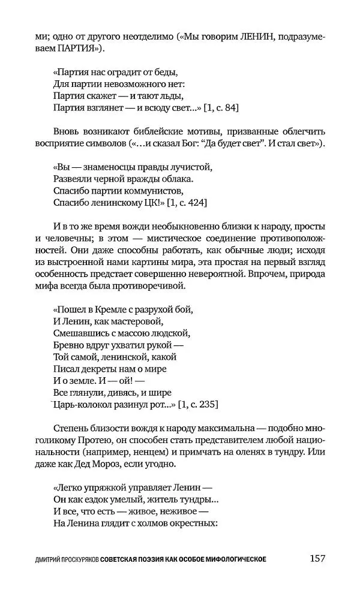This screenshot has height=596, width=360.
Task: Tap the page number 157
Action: pyautogui.click(x=317, y=558)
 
